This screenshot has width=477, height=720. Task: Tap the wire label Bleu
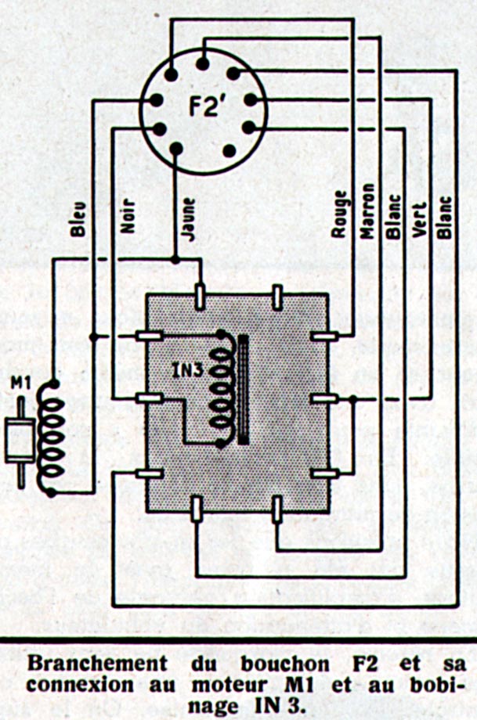[78, 219]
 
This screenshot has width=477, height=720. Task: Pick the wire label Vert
[420, 219]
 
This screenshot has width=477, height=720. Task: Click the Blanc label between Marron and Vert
[393, 215]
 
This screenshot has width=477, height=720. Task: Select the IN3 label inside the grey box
[190, 367]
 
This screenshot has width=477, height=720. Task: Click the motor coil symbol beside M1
[53, 438]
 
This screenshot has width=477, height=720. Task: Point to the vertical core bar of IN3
[244, 387]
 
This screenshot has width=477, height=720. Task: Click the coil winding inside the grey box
[222, 387]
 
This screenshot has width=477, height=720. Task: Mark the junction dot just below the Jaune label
[175, 259]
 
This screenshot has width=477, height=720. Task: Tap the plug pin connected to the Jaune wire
[176, 147]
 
